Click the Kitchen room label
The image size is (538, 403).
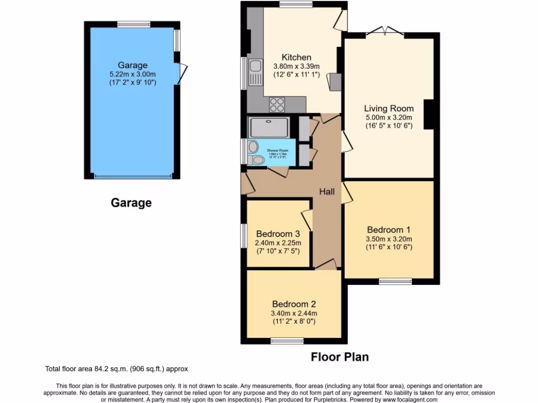pos(296,57)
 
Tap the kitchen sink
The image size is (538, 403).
pos(255,72)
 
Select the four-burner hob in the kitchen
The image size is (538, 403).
pos(277,105)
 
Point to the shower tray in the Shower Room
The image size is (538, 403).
pos(268,128)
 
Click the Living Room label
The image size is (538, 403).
pos(389,109)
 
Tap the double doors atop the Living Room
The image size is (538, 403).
pos(384,31)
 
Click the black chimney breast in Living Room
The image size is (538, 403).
pos(428,114)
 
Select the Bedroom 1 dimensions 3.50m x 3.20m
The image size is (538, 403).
pos(389,239)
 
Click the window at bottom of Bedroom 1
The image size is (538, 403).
pos(395,281)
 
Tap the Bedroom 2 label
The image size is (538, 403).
pos(294,304)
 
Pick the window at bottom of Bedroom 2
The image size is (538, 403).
pos(287,341)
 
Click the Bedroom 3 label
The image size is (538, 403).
pos(278,234)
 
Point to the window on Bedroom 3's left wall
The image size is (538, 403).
pos(244,236)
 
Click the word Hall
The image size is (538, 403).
pos(327,192)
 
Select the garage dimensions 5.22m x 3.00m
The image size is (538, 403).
pos(132,75)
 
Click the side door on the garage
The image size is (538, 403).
pos(181,73)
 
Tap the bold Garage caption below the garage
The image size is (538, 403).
pos(131,203)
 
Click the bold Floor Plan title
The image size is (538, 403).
pos(339,357)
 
